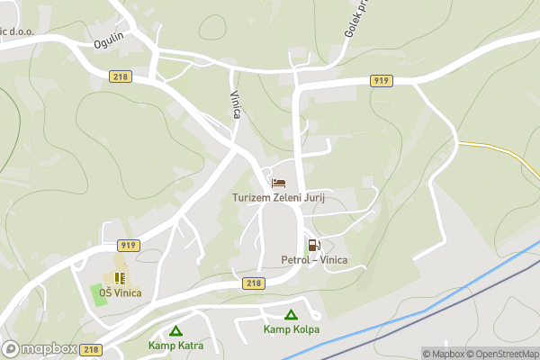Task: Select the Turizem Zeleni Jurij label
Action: [x=277, y=197]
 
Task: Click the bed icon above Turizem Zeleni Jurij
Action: [x=278, y=183]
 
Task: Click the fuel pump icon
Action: [x=312, y=245]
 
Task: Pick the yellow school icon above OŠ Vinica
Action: [x=119, y=278]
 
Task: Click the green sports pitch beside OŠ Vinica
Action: [x=98, y=292]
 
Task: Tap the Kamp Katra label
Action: [x=176, y=346]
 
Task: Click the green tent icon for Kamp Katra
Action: [x=176, y=330]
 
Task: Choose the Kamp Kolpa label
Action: [x=291, y=329]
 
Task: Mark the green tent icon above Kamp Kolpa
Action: [x=291, y=314]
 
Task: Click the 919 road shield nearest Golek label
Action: [x=380, y=81]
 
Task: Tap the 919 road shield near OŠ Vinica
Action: [x=127, y=245]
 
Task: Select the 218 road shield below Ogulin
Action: [x=121, y=76]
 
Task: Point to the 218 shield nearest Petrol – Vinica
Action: [x=254, y=283]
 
